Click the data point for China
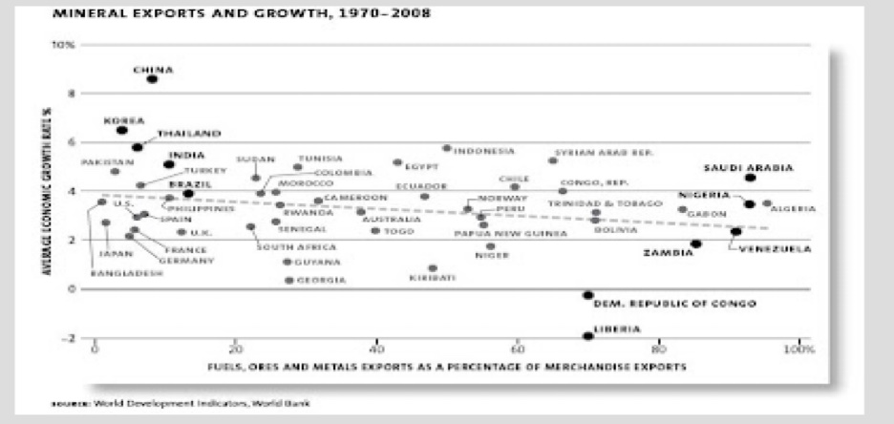click(152, 80)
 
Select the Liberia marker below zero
click(587, 336)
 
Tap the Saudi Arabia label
click(748, 167)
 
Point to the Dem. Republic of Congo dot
click(587, 296)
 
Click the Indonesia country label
click(484, 151)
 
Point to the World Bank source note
click(181, 402)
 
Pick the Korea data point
click(121, 130)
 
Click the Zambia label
click(668, 253)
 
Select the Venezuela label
click(773, 249)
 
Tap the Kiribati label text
click(432, 278)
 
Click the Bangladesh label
click(126, 273)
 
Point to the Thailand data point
click(138, 147)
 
